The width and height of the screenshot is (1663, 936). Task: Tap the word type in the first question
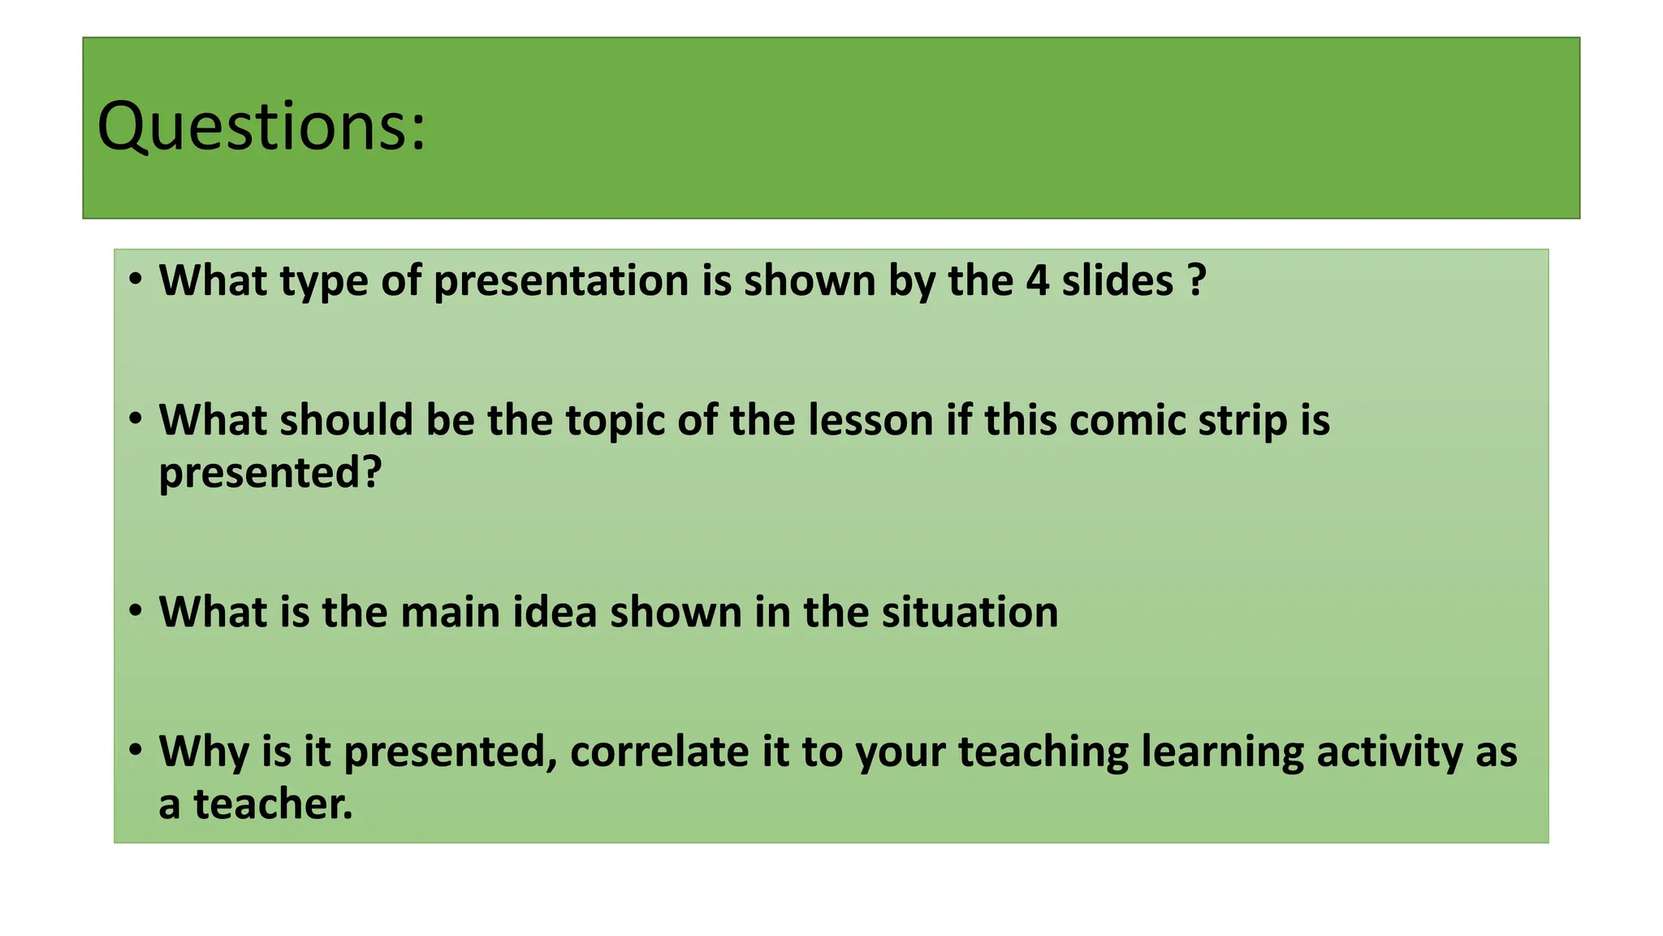tap(323, 282)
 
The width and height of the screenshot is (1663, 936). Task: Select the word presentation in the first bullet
tap(561, 280)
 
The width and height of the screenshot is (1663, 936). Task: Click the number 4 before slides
tap(1037, 280)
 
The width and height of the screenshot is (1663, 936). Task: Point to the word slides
tap(1117, 280)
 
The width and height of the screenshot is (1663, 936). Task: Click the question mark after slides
tap(1196, 280)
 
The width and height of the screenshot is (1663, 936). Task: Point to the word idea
tap(555, 612)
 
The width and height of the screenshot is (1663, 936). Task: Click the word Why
tap(204, 752)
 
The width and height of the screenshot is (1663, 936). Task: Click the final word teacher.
tap(273, 804)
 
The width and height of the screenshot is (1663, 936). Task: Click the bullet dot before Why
tap(136, 749)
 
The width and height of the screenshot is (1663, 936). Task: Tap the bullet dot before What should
tap(136, 419)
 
